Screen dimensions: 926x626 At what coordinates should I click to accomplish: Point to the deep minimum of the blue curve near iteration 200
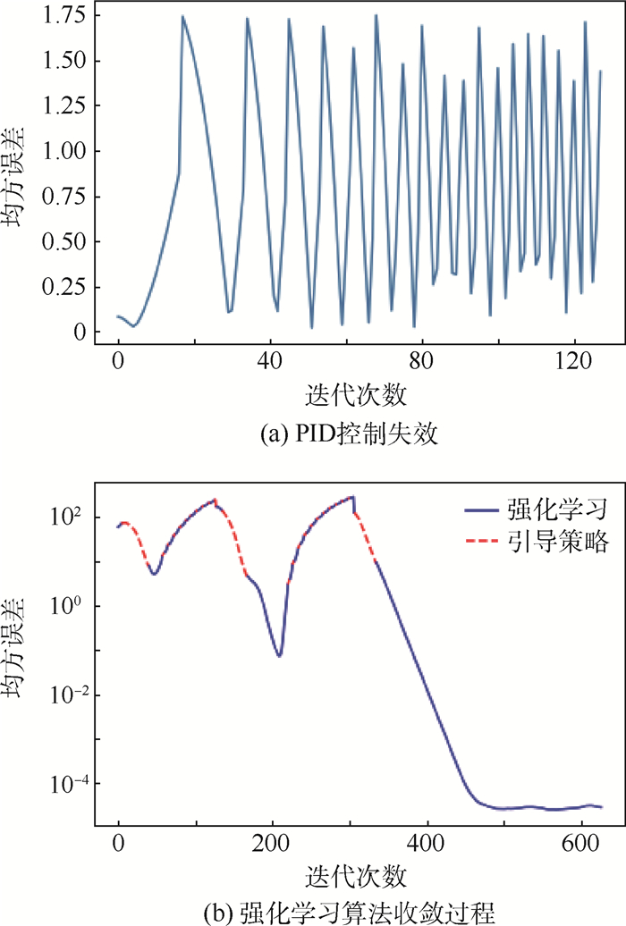279,656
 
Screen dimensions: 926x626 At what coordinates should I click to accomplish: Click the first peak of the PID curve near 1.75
182,16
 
